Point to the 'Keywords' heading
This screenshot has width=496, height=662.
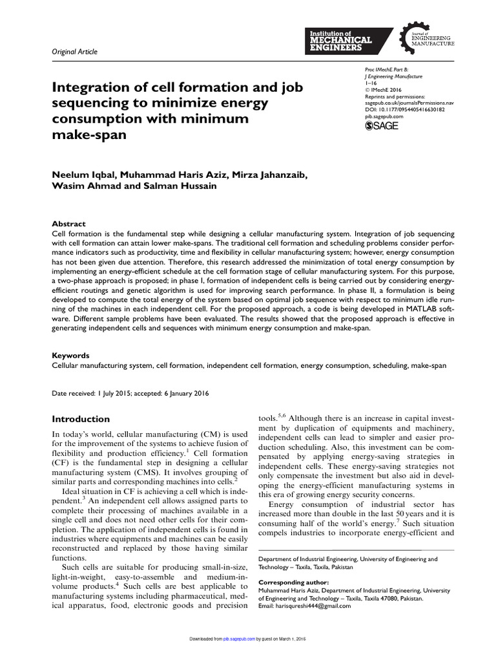point(70,356)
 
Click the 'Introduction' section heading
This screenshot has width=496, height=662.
point(81,419)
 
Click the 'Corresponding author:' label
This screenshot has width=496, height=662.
point(293,582)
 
